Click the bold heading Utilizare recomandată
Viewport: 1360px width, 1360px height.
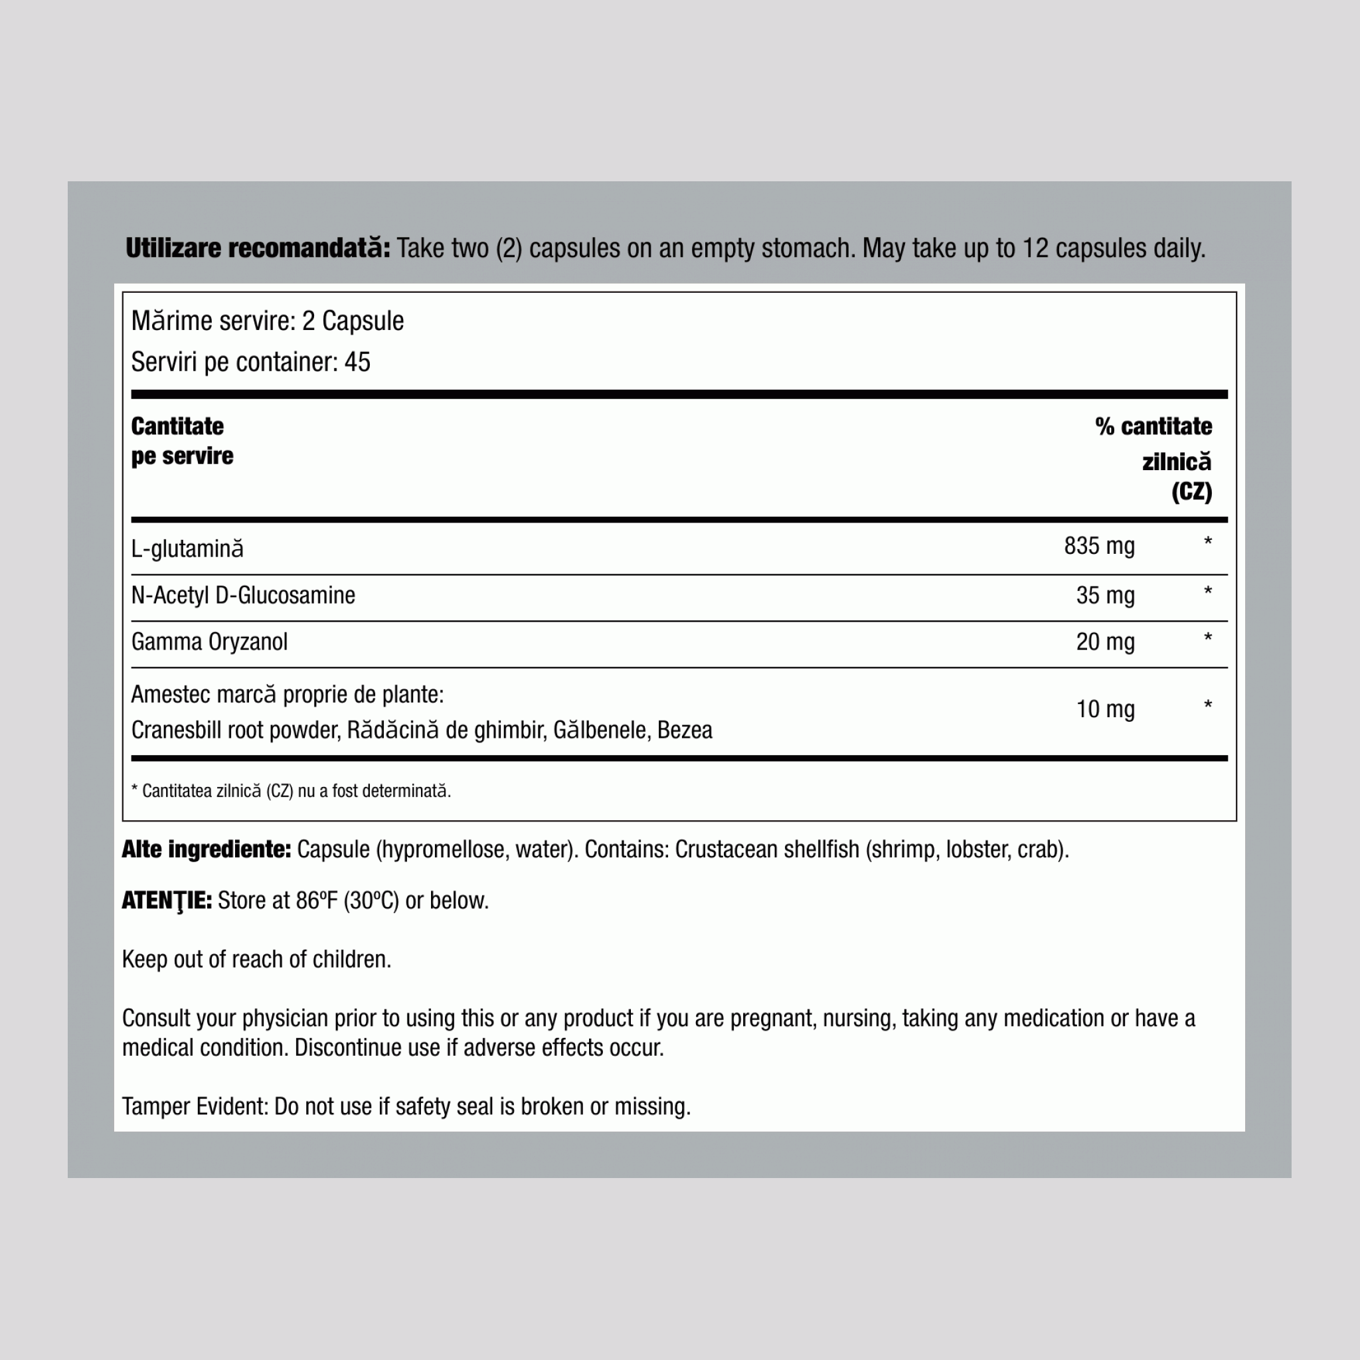pyautogui.click(x=257, y=248)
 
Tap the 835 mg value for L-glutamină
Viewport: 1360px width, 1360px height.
pyautogui.click(x=1099, y=546)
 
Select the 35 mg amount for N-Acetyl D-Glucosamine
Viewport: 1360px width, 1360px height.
pyautogui.click(x=1105, y=596)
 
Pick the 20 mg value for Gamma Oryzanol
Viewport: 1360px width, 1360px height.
pyautogui.click(x=1105, y=642)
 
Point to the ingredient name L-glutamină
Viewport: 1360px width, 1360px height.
pyautogui.click(x=187, y=549)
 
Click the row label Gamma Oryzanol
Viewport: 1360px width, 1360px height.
pyautogui.click(x=209, y=642)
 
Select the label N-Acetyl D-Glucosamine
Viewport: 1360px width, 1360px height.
pyautogui.click(x=243, y=596)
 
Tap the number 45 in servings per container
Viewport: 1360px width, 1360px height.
pyautogui.click(x=357, y=362)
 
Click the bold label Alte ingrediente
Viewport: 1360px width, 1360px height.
pyautogui.click(x=207, y=849)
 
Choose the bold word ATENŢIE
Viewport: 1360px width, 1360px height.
pyautogui.click(x=167, y=900)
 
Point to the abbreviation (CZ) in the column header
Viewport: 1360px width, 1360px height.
pyautogui.click(x=1192, y=491)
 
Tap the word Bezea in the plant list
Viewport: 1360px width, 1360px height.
pyautogui.click(x=684, y=730)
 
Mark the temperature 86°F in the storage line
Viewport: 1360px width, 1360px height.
pyautogui.click(x=317, y=900)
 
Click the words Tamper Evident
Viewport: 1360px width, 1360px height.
pyautogui.click(x=195, y=1106)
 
